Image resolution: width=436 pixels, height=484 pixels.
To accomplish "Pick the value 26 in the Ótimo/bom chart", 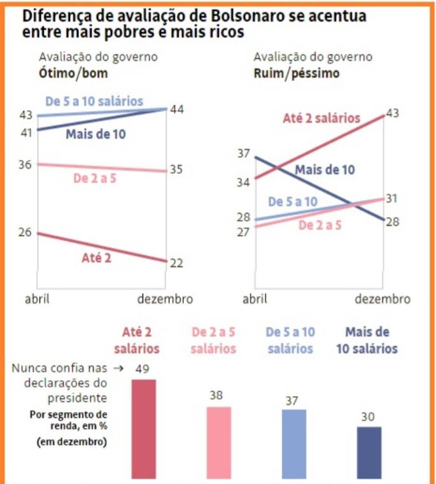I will pyautogui.click(x=25, y=232).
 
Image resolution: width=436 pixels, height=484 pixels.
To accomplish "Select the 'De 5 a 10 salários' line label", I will pyautogui.click(x=94, y=101).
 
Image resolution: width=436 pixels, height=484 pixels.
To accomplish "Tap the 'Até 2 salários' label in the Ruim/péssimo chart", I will pyautogui.click(x=321, y=118).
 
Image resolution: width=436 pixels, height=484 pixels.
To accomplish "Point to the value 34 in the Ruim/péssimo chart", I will pyautogui.click(x=243, y=183).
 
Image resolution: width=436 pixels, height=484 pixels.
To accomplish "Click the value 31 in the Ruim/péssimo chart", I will pyautogui.click(x=392, y=198).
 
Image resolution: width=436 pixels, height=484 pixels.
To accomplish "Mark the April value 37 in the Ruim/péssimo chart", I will pyautogui.click(x=243, y=153).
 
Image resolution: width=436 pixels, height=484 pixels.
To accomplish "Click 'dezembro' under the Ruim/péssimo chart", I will pyautogui.click(x=383, y=299).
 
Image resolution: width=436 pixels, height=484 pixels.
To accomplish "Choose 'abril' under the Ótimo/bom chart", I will pyautogui.click(x=37, y=299).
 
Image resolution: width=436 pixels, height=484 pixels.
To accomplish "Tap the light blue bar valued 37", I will pyautogui.click(x=293, y=443).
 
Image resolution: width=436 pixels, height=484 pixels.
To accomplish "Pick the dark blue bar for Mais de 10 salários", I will pyautogui.click(x=369, y=452).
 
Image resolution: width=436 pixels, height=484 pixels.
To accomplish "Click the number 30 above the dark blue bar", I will pyautogui.click(x=369, y=417).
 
